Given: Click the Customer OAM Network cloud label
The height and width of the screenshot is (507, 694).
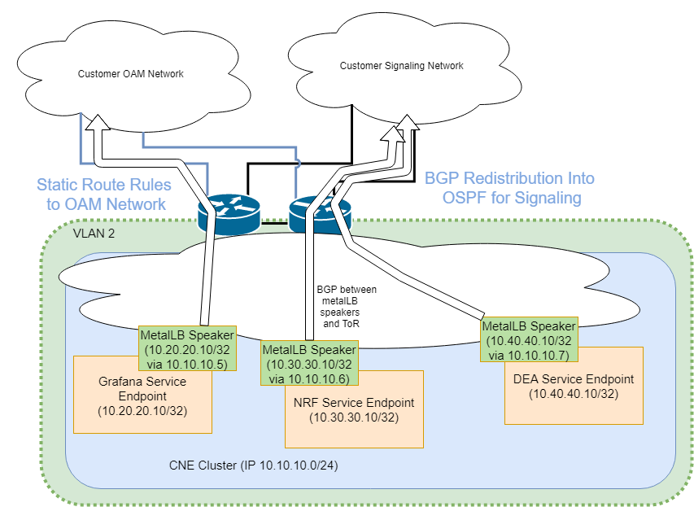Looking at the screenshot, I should coord(130,74).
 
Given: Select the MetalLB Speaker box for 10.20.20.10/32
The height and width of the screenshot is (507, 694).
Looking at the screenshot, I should coord(187,349).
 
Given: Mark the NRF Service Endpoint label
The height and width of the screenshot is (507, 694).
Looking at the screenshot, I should coord(354,403).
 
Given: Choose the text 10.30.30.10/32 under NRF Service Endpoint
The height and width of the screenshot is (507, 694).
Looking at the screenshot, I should coord(354,417).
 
